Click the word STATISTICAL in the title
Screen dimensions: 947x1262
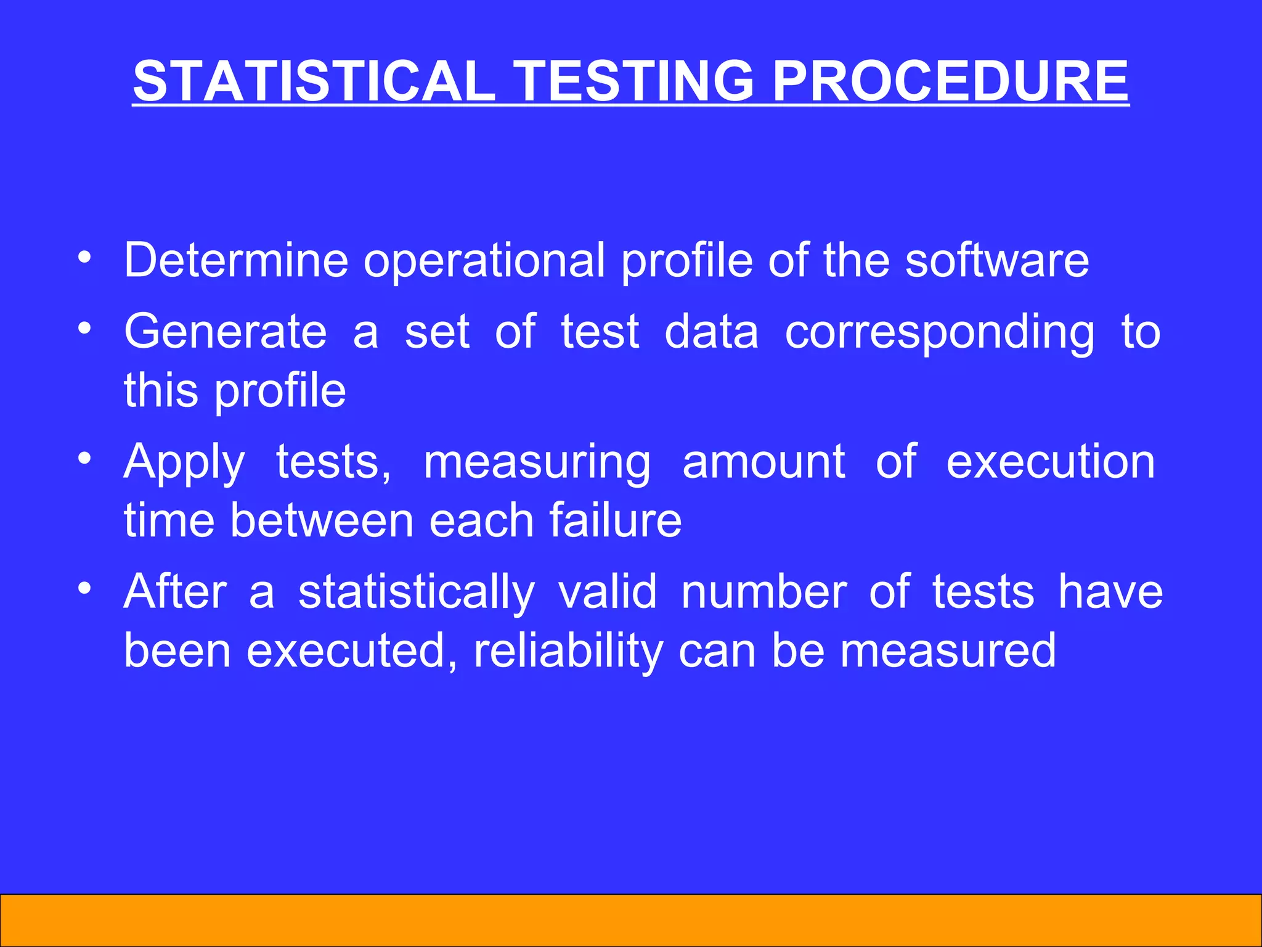[314, 81]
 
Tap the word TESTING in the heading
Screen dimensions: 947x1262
[634, 81]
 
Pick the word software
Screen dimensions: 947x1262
[996, 260]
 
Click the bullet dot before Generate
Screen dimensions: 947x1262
[85, 327]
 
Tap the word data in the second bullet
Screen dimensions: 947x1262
[711, 332]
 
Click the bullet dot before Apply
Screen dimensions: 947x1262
[85, 458]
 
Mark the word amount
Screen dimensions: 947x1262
[763, 462]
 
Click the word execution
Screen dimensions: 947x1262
[1051, 462]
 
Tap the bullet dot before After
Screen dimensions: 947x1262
[85, 588]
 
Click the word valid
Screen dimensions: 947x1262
[608, 592]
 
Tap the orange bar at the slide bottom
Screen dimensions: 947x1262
[631, 920]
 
